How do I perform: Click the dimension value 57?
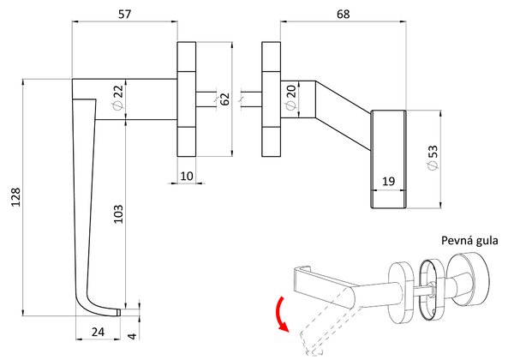point(124,14)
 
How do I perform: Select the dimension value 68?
point(344,14)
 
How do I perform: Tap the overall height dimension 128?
point(16,197)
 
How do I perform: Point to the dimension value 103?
point(118,214)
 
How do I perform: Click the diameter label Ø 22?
point(117,97)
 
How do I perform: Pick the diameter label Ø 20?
point(290,97)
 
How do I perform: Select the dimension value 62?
point(224,99)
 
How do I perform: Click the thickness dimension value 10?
point(187,176)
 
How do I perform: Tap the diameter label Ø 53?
point(433,158)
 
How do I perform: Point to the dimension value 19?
point(388,181)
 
